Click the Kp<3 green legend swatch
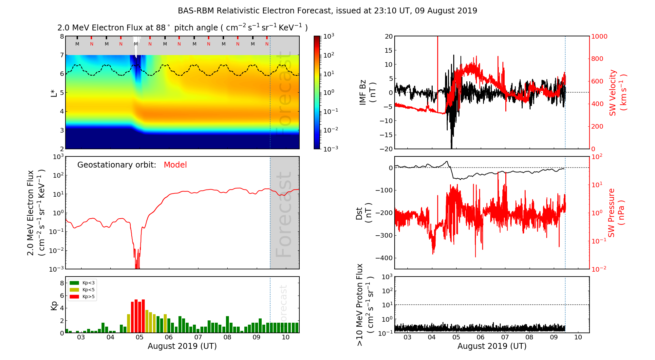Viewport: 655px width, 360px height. pyautogui.click(x=74, y=283)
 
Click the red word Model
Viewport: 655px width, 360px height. pyautogui.click(x=175, y=165)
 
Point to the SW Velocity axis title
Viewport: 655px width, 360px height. pyautogui.click(x=617, y=93)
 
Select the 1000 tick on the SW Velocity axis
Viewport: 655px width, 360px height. pyautogui.click(x=599, y=37)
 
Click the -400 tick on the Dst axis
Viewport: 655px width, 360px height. pyautogui.click(x=384, y=258)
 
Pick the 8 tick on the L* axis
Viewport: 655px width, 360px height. pyautogui.click(x=62, y=37)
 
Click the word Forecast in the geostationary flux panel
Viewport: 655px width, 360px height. pyautogui.click(x=284, y=214)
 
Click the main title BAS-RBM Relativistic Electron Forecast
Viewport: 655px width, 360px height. pyautogui.click(x=327, y=11)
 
